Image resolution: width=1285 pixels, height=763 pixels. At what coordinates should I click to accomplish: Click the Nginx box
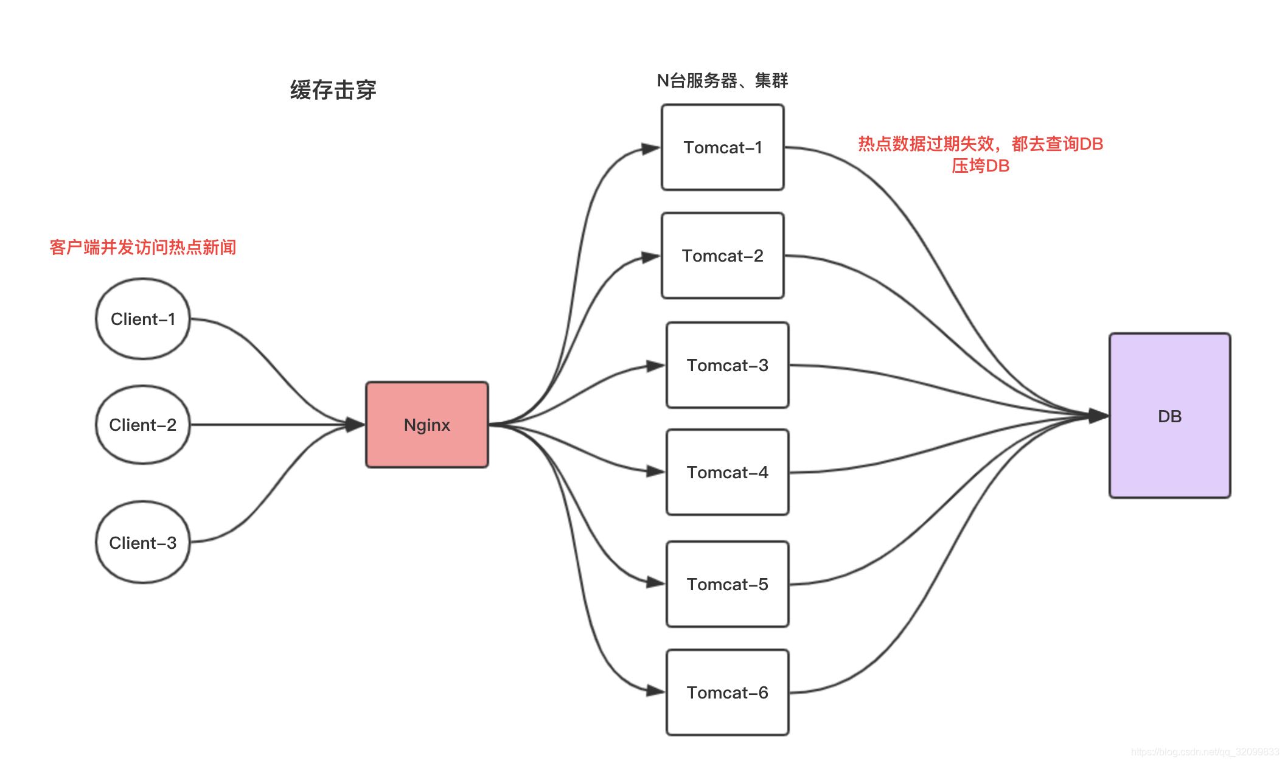coord(427,425)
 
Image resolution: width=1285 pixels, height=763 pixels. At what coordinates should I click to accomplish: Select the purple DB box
coord(1169,416)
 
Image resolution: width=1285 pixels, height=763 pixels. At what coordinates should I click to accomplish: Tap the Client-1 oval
coord(143,319)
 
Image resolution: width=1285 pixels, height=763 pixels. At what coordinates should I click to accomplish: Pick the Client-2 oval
coord(143,425)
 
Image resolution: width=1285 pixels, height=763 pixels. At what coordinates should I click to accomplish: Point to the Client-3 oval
coord(143,542)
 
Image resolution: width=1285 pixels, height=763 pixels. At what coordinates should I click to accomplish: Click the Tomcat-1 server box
coord(722,147)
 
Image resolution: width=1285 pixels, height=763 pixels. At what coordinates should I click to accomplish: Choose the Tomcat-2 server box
coord(722,256)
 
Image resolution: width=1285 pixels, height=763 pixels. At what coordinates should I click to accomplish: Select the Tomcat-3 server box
coord(727,365)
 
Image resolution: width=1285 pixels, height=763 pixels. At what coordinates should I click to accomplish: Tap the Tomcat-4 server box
coord(727,472)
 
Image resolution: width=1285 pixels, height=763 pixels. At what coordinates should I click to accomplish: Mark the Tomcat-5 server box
coord(727,584)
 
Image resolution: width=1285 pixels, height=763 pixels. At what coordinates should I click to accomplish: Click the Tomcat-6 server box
coord(727,692)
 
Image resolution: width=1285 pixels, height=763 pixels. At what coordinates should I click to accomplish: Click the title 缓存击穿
coord(333,90)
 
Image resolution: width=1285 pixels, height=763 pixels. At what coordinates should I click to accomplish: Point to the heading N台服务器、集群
coord(722,80)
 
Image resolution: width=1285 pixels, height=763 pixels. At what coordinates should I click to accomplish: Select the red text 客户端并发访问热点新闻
coord(143,247)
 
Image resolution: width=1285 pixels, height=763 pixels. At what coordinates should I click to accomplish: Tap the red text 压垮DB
coord(980,166)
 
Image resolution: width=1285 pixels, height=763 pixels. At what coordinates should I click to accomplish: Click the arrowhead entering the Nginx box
coord(355,424)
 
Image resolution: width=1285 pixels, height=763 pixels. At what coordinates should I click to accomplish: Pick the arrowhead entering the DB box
coord(1098,416)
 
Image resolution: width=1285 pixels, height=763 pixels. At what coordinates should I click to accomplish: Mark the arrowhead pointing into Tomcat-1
coord(651,148)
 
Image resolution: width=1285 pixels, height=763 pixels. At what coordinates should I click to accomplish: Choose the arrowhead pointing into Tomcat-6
coord(655,691)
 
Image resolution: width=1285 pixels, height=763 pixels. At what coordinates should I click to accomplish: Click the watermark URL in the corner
coord(1205,752)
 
